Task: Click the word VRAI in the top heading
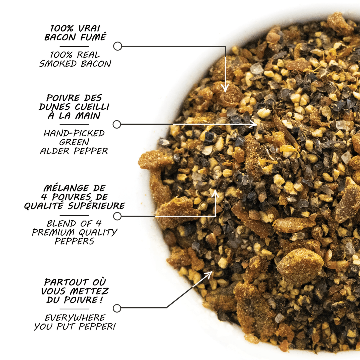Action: point(89,28)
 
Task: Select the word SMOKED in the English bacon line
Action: point(58,64)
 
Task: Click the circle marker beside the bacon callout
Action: point(118,46)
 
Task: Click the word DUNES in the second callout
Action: point(55,107)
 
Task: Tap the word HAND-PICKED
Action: point(74,133)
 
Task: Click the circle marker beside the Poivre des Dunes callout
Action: point(117,124)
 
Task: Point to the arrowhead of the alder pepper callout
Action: point(253,124)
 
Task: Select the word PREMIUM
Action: point(53,232)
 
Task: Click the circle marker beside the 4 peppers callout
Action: point(117,216)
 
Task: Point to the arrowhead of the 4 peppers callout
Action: point(215,193)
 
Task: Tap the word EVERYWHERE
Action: point(75,318)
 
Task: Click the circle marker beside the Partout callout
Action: point(117,308)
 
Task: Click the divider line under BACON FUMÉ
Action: point(74,47)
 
